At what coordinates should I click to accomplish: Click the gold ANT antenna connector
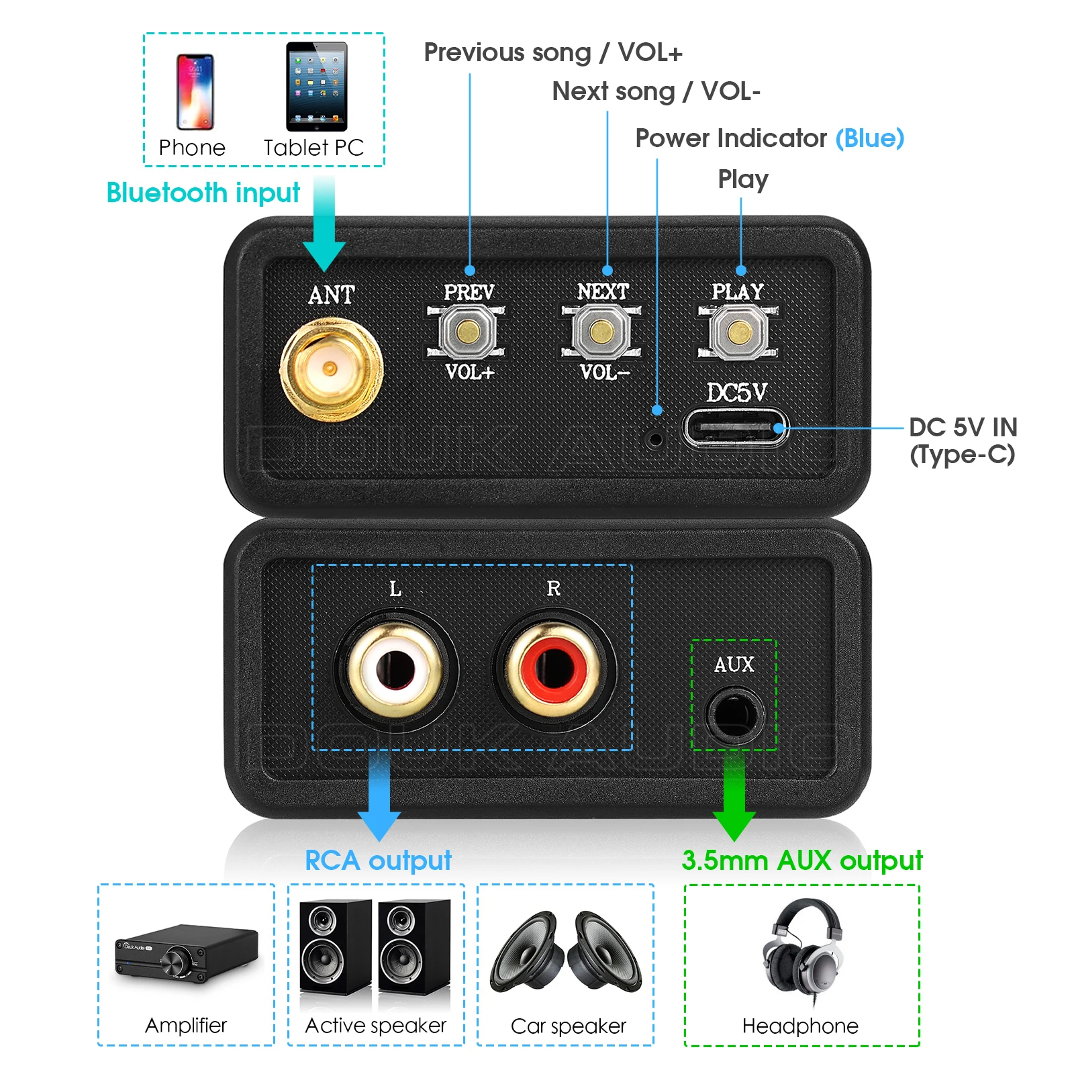pos(330,369)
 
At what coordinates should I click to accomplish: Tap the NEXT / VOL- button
pos(601,331)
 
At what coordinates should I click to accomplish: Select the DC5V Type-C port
pos(735,428)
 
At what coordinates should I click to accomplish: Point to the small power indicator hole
pos(656,440)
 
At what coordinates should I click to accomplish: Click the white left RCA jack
pos(395,669)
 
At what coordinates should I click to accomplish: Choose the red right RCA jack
pos(554,669)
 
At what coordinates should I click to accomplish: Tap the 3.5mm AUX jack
pos(734,714)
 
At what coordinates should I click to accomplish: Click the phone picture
pos(195,92)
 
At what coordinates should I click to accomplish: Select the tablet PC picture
pos(316,87)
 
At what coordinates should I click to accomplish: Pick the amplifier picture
pos(186,953)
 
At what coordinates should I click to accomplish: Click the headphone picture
pos(802,950)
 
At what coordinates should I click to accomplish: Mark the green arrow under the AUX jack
pos(734,799)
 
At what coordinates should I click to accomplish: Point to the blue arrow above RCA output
pos(379,799)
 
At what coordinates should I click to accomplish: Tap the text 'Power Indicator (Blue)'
pos(769,138)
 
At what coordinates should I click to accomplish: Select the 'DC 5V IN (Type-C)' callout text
pos(963,440)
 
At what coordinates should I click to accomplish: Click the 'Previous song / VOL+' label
pos(552,52)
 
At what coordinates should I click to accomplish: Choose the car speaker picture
pos(566,951)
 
